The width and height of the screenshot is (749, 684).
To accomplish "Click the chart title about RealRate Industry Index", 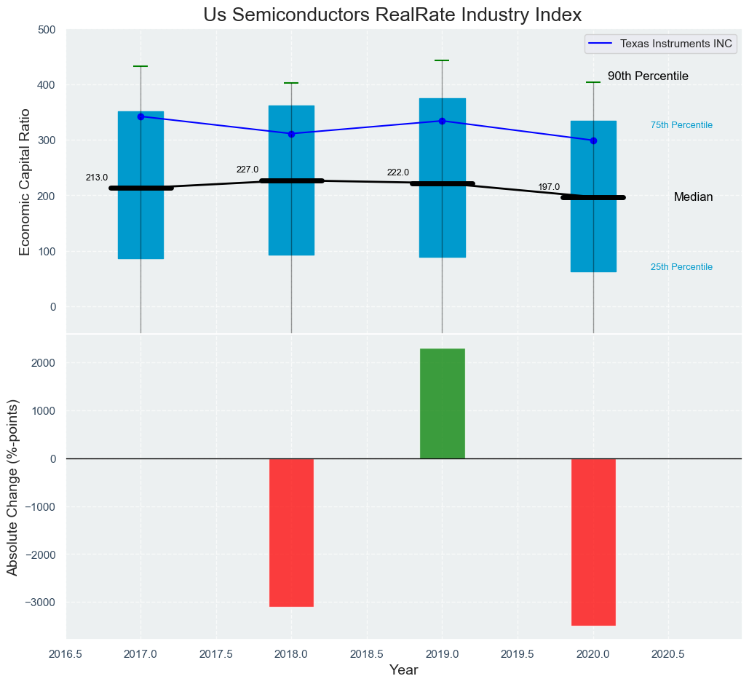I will [x=392, y=15].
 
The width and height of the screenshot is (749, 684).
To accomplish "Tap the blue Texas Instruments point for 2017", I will [x=140, y=116].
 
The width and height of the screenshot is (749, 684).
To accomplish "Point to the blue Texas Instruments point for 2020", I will [x=593, y=140].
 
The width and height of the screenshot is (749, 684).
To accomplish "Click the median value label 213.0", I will [x=97, y=178].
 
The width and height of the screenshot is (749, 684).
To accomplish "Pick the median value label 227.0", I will [x=247, y=170].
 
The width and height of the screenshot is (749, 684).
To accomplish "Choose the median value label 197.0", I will [x=549, y=188].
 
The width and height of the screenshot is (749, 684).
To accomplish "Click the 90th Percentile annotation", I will [x=648, y=76].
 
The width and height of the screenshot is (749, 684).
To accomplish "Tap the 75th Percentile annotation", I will [x=681, y=125].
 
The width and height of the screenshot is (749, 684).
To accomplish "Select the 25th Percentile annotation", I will [x=681, y=267].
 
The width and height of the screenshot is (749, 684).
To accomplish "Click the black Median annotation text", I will [x=693, y=197].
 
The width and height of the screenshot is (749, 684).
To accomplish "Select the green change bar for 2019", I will [x=443, y=404].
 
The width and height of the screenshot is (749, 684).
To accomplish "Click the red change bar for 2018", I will [x=291, y=532].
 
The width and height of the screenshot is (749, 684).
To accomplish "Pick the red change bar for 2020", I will [x=593, y=541].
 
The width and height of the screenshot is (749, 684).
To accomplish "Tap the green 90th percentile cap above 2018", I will [x=291, y=83].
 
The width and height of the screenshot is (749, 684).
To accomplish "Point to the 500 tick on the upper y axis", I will [x=47, y=30].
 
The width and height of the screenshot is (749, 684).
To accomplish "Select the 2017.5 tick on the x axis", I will [x=216, y=654].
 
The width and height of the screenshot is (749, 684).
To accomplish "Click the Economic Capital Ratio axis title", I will [x=25, y=182].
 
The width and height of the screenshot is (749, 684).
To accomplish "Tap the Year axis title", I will [x=403, y=670].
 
